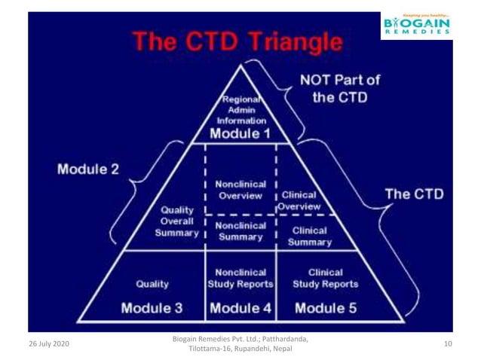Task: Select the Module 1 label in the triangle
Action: tap(240, 134)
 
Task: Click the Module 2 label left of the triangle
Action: tap(88, 169)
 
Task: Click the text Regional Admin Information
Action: tap(242, 109)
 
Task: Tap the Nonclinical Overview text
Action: tap(239, 190)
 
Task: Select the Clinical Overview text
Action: tap(297, 200)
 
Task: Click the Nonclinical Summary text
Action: tap(239, 230)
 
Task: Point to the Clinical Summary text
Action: tap(310, 236)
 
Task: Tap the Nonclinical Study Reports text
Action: tap(240, 278)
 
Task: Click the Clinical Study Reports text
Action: tap(326, 278)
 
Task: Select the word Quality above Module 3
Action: tap(152, 284)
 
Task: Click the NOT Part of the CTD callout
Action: tap(341, 88)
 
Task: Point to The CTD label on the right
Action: tap(414, 194)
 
